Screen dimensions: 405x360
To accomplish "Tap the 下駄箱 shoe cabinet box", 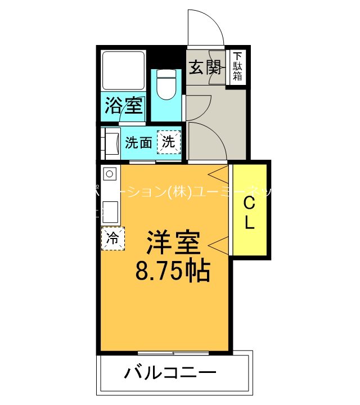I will [x=238, y=67].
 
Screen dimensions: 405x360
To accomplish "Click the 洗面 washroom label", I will [x=138, y=142].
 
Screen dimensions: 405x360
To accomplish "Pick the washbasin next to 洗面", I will [x=111, y=143].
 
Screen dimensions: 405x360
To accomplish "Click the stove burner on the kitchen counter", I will [x=110, y=173].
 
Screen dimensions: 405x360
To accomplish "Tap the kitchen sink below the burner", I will [x=110, y=211].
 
